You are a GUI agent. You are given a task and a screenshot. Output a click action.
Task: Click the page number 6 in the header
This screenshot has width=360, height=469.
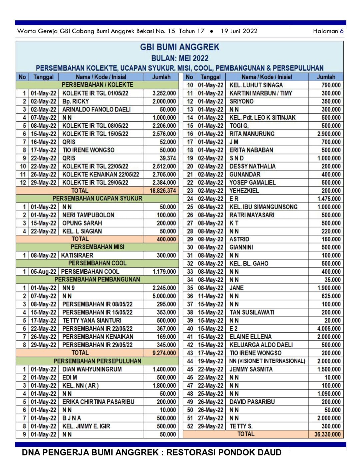point(342,31)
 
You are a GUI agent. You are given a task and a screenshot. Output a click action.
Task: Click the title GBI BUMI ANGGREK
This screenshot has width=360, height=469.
point(180,47)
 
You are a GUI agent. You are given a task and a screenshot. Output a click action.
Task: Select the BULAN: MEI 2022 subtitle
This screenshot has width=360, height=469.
point(180,58)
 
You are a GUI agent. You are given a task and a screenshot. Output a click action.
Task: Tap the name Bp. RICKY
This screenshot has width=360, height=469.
point(76,101)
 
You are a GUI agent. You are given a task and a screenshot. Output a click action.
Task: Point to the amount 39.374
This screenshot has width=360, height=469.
point(168,158)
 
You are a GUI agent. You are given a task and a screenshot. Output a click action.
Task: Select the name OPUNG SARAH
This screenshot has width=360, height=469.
point(82,223)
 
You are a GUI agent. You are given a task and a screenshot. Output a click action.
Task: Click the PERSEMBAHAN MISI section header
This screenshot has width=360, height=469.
point(97,247)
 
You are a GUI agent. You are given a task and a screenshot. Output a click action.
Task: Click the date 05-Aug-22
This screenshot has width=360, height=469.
point(44,271)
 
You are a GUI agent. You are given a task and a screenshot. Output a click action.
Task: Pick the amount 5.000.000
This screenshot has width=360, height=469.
point(164,296)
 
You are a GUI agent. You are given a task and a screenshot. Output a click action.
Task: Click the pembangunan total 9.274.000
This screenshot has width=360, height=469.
point(164,353)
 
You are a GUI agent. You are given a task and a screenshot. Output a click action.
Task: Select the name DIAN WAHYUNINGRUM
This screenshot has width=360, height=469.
point(92,369)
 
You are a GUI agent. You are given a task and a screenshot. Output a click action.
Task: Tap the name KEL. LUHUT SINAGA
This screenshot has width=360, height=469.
point(256,85)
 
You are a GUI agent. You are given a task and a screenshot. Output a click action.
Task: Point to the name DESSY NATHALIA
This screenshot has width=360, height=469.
point(252,166)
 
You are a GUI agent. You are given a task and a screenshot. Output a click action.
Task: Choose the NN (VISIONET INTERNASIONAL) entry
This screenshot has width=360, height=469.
point(267,361)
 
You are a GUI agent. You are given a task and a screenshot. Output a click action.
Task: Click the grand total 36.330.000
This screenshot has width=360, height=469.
point(327,434)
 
